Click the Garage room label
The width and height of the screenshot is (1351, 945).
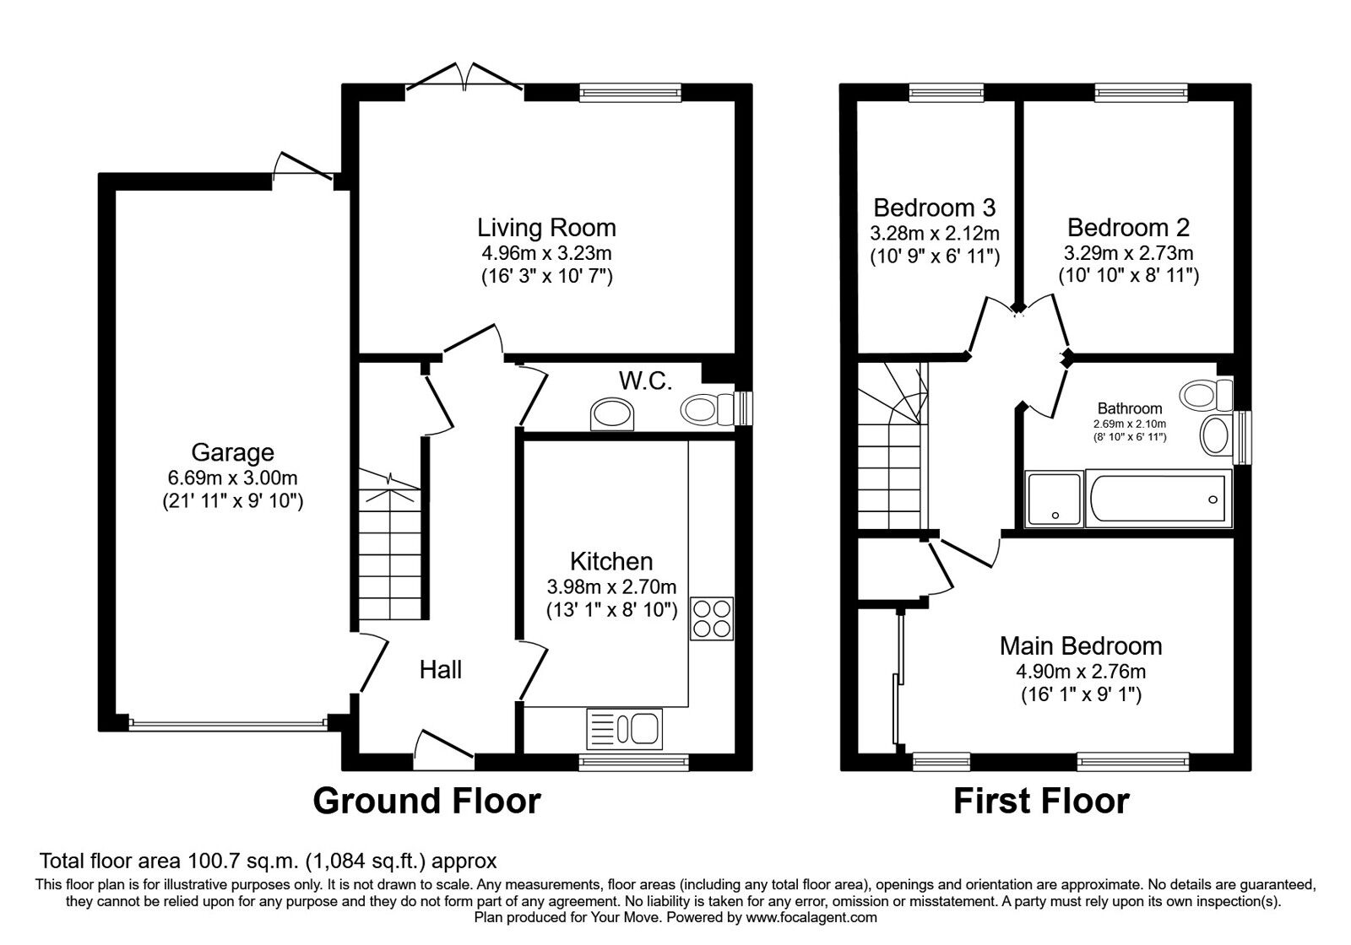point(233,452)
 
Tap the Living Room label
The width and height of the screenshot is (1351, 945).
point(546,228)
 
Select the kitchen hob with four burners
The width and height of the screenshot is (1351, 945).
point(712,618)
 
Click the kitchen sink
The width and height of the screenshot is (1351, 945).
point(624,729)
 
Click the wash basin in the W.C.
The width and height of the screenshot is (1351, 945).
point(612,414)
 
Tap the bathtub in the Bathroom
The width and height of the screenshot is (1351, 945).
point(1158,499)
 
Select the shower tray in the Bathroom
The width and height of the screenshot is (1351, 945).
point(1054,499)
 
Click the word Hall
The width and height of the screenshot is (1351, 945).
point(441,670)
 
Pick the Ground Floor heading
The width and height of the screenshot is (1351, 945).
point(427,801)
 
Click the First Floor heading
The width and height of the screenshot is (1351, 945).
point(1042,801)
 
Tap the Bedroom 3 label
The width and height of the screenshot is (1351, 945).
point(934,208)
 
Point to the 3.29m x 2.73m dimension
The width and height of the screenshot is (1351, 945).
point(1128,252)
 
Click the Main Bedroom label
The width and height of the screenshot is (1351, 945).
point(1081,646)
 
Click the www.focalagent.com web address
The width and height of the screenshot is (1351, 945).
point(811,918)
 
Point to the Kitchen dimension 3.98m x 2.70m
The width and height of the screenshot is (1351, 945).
point(611,586)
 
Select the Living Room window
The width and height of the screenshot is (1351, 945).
point(630,92)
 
